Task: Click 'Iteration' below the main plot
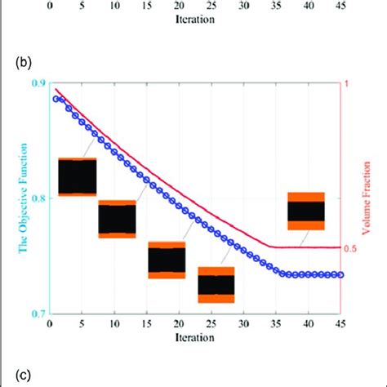195,337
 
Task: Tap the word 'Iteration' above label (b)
195,19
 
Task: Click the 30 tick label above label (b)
243,6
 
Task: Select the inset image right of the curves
306,211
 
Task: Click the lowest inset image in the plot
216,284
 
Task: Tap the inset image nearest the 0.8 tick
78,176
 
